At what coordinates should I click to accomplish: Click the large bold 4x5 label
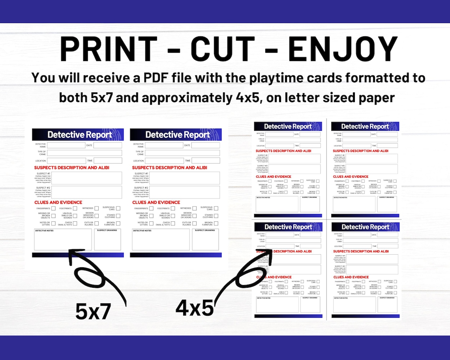point(195,308)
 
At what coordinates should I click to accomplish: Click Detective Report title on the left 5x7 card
point(80,135)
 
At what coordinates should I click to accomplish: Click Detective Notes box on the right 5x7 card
point(161,240)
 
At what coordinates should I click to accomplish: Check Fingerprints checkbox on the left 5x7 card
point(53,208)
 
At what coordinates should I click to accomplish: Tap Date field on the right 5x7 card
point(205,145)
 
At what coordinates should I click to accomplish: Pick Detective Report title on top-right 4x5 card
point(365,126)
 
